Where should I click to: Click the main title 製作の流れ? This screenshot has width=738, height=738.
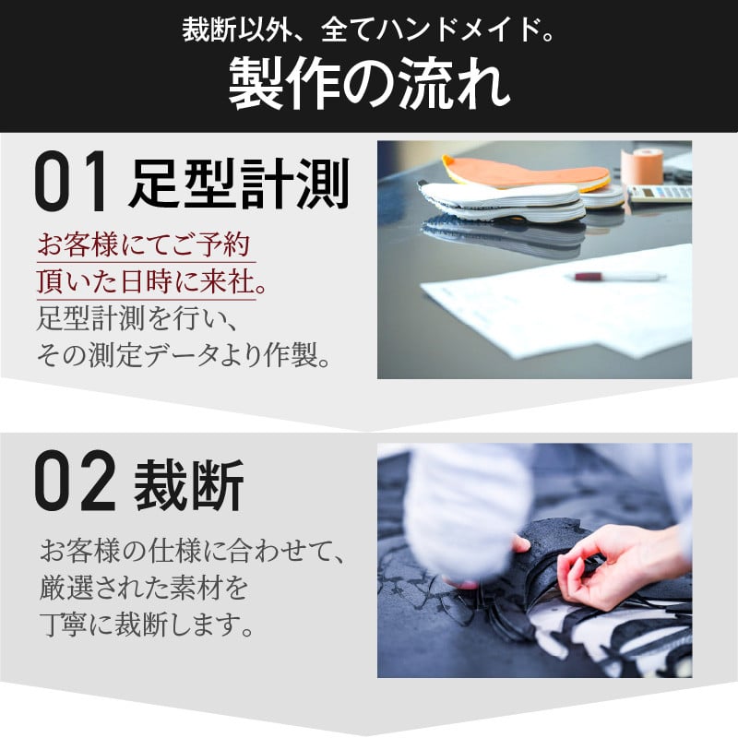pos(370,84)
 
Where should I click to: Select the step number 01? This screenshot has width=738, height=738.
pos(70,181)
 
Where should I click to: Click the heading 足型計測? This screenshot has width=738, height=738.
pos(240,183)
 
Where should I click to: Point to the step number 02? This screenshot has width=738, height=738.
pos(75,481)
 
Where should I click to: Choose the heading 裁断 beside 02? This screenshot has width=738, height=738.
pos(189,484)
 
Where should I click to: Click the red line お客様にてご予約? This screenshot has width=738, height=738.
pos(144,244)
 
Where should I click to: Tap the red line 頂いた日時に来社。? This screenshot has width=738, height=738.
pos(150,282)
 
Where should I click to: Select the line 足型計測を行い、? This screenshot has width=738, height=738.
pos(137,318)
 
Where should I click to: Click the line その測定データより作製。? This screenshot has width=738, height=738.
pos(183,355)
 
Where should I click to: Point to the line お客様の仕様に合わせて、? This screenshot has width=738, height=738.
pos(193,551)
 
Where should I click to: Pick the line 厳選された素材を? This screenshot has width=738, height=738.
pos(144,588)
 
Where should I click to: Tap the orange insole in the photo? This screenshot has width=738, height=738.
pos(526,173)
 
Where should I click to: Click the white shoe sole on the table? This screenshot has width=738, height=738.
pos(502,200)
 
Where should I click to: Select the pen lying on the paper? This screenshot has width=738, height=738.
pos(618,276)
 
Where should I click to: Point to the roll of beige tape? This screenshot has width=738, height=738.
pos(641,167)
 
